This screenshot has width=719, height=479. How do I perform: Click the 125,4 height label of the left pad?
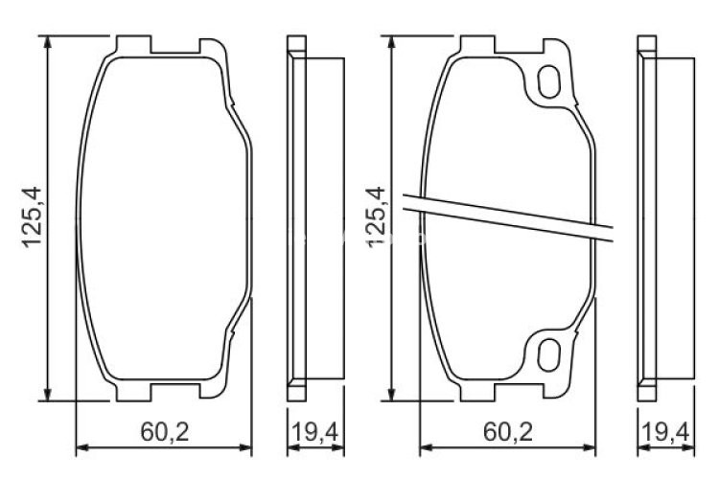click(32, 218)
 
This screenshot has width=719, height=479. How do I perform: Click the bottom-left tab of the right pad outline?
click(475, 392)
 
